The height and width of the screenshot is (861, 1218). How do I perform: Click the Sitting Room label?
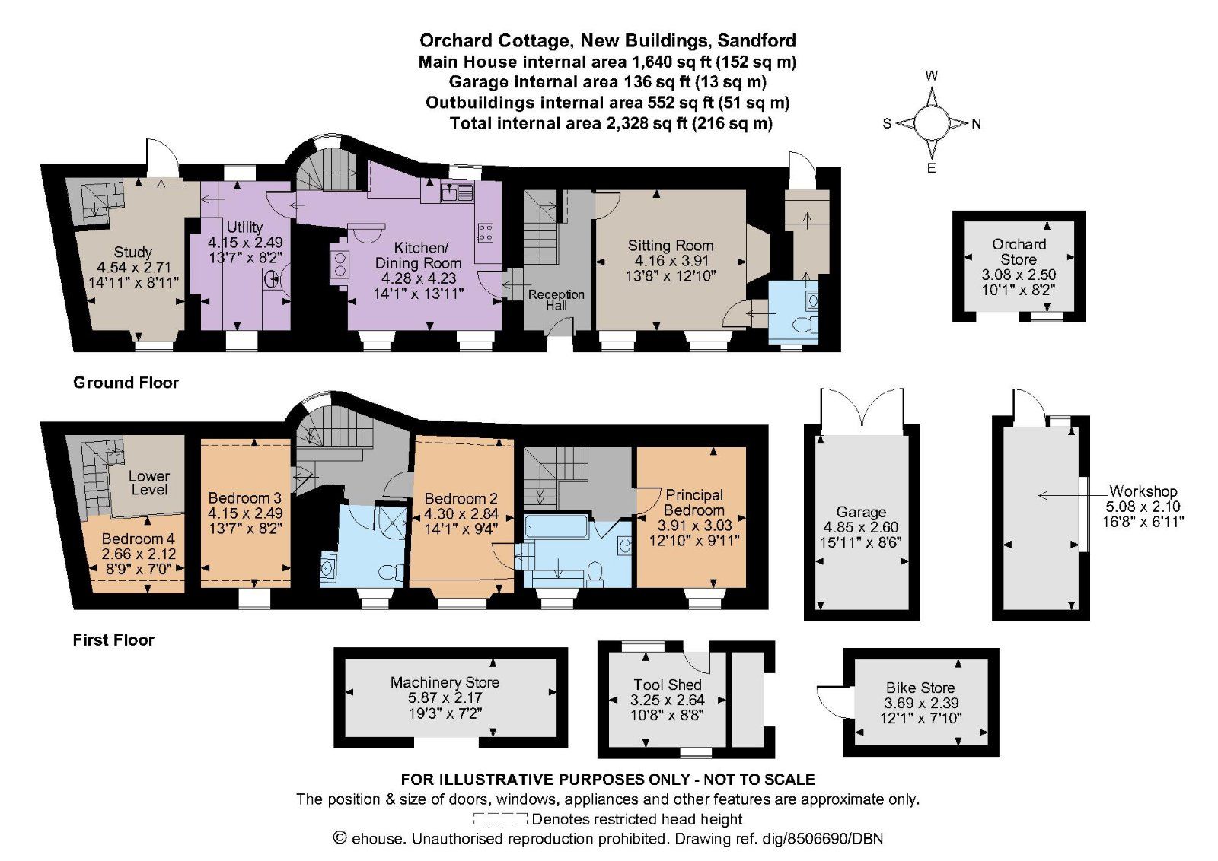click(670, 245)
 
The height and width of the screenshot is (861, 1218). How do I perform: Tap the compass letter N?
click(977, 123)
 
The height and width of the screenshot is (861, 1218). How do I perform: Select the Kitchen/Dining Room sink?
click(458, 192)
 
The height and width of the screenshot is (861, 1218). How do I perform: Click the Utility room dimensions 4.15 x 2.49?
click(245, 242)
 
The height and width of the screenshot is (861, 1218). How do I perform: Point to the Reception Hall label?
click(556, 299)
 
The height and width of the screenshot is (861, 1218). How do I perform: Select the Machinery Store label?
click(445, 682)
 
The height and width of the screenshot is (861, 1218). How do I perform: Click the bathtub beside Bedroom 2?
click(556, 526)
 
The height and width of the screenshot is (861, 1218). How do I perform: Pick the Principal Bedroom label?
click(693, 502)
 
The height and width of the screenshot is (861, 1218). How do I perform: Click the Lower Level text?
click(149, 482)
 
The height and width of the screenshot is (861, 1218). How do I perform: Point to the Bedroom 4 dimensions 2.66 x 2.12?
click(138, 553)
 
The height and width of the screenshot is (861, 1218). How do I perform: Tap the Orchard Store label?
click(1019, 251)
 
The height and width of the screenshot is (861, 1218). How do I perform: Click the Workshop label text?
click(1143, 491)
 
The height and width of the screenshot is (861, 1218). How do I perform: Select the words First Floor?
click(113, 640)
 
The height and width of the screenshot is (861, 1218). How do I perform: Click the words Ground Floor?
click(126, 383)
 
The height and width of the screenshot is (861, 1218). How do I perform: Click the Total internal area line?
click(611, 123)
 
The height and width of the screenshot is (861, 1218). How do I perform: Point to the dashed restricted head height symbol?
click(500, 819)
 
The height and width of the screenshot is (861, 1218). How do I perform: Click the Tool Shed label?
click(667, 685)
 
